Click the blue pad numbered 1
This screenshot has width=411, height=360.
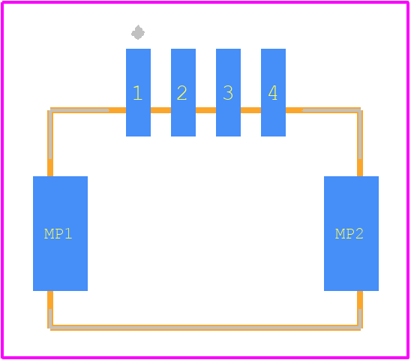coord(138,92)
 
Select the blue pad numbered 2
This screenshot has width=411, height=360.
coord(183,92)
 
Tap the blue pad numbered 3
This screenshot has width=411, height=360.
coord(228,92)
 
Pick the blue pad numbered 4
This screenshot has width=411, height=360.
coord(274,92)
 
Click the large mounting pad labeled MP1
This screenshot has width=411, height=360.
coord(60,233)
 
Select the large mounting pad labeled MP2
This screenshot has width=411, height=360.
coord(351,233)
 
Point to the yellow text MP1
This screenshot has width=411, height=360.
coord(58,233)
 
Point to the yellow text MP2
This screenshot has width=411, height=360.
coord(349,233)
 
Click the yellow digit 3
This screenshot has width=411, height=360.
coord(228,93)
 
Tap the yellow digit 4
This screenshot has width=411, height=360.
coord(273,93)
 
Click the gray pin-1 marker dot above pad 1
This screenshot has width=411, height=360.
coord(138,32)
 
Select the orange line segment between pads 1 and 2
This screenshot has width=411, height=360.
coord(161,110)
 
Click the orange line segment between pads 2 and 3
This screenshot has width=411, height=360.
coord(206,110)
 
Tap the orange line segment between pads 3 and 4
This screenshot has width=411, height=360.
coord(250,110)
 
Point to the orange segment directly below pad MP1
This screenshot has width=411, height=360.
coord(50,300)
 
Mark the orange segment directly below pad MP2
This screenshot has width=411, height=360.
coord(360,300)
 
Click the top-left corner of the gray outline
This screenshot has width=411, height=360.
coord(50,110)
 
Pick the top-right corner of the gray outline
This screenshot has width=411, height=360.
coord(360,110)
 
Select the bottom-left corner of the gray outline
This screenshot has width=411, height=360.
coord(50,328)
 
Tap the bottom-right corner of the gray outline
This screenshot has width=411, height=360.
coord(360,328)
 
